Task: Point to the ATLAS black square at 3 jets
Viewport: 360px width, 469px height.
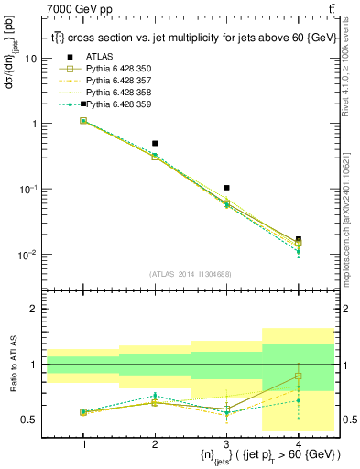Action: pos(226,188)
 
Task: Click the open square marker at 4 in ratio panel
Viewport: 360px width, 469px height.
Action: pos(298,376)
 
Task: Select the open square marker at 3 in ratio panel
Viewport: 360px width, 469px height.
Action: pos(226,409)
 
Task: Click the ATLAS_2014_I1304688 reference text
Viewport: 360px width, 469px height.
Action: pos(191,274)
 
